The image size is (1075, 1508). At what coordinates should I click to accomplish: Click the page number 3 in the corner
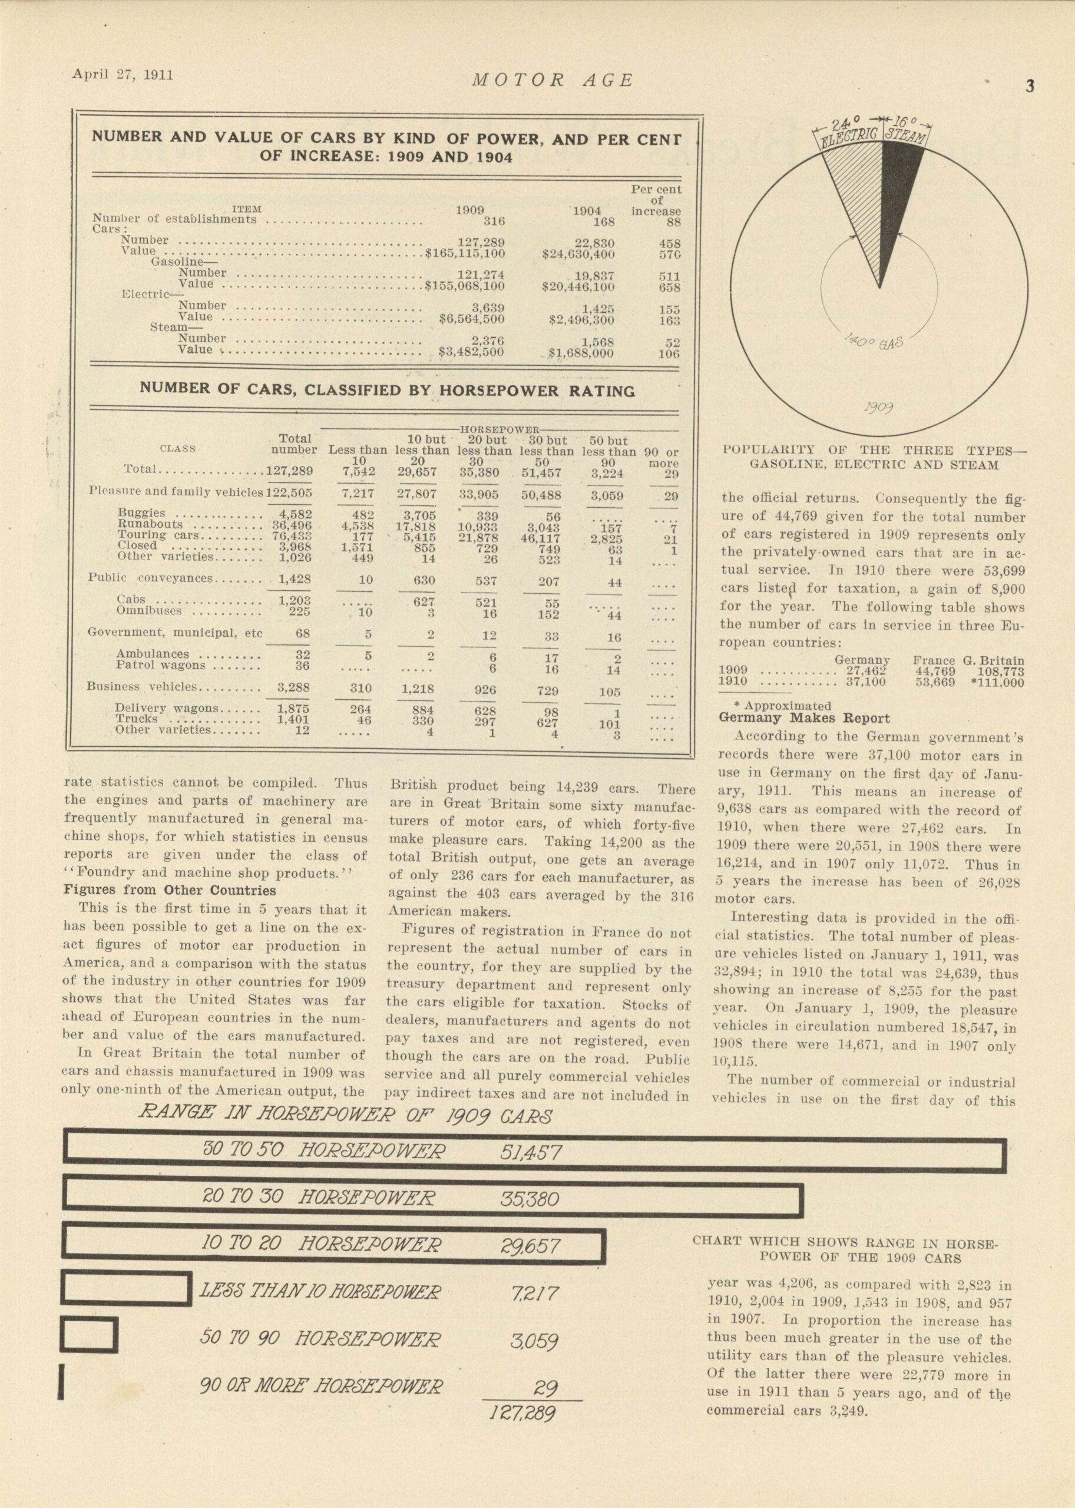click(x=1029, y=87)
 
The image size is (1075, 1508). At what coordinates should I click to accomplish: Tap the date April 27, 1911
click(x=123, y=75)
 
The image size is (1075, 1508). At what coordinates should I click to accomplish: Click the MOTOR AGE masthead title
click(x=553, y=81)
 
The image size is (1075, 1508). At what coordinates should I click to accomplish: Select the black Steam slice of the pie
click(x=897, y=192)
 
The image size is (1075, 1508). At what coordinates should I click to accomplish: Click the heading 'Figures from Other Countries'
click(x=170, y=889)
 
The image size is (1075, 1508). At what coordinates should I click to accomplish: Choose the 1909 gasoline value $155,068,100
click(x=465, y=287)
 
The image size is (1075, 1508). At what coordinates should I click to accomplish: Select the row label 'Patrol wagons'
click(x=161, y=664)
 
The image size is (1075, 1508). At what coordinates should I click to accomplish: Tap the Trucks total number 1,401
click(x=293, y=719)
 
